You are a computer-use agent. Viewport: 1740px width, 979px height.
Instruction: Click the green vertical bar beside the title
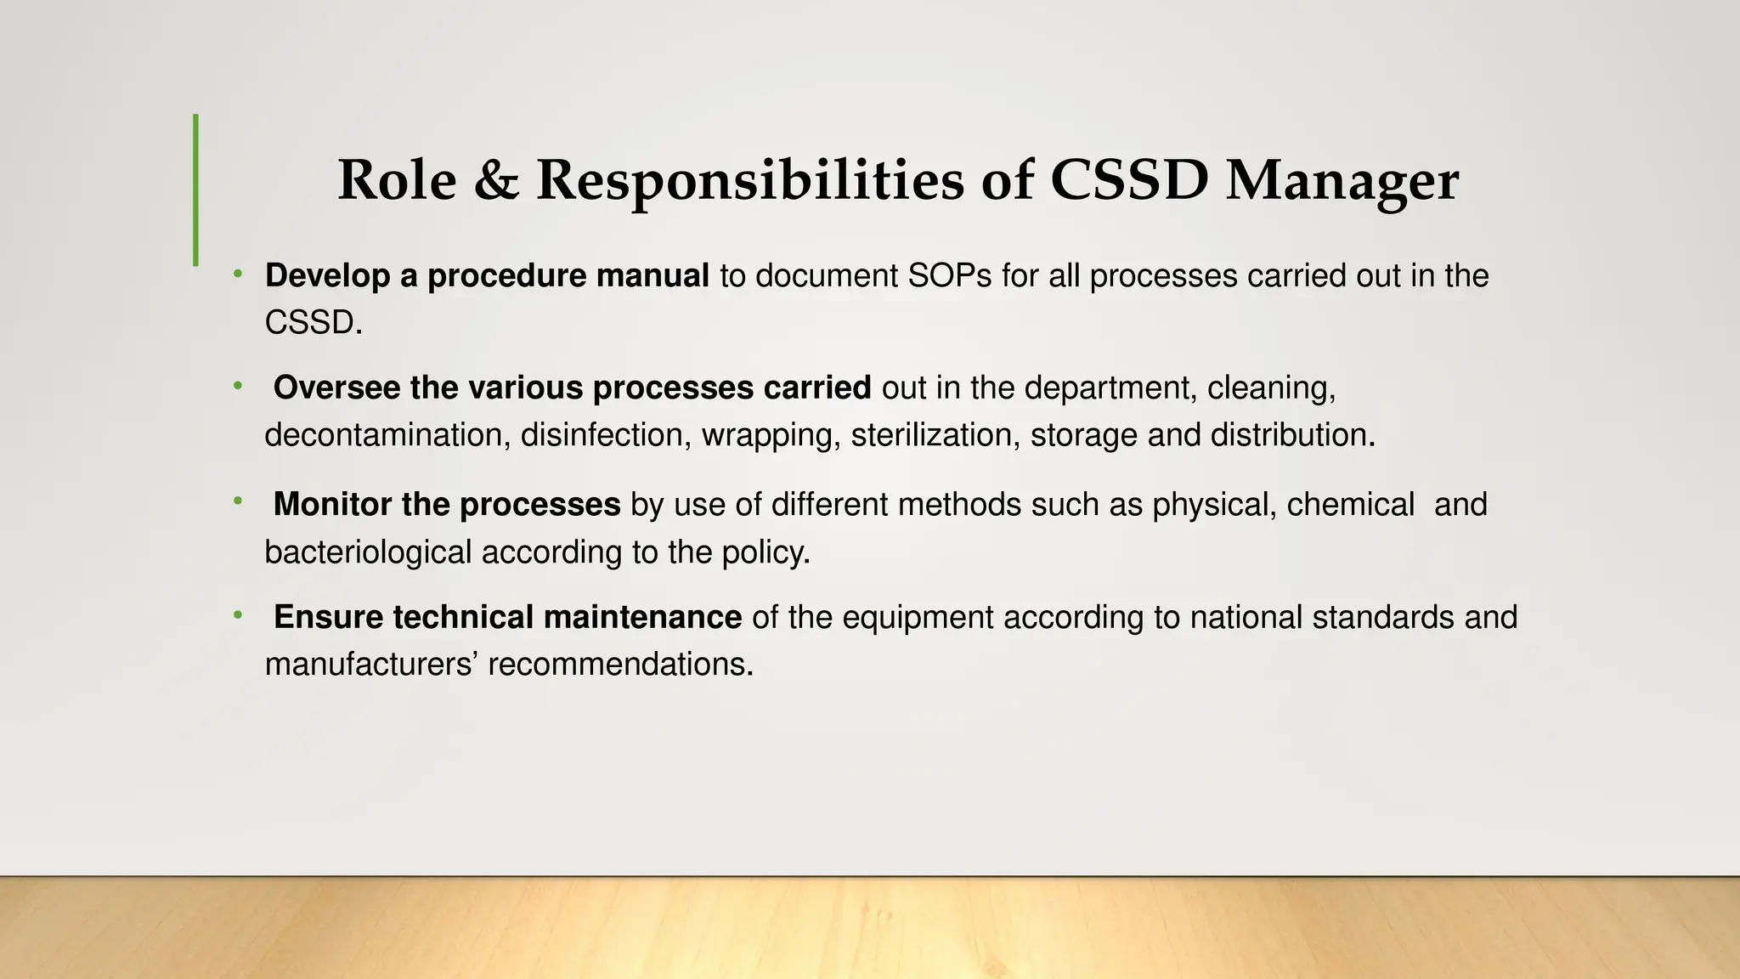196,190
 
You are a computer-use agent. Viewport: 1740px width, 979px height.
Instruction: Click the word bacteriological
368,552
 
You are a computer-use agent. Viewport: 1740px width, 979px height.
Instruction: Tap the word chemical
1350,505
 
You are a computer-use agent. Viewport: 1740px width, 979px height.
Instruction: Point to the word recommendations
620,665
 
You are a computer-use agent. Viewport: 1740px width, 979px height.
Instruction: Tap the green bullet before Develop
239,274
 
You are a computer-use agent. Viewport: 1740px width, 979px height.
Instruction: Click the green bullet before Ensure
239,614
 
